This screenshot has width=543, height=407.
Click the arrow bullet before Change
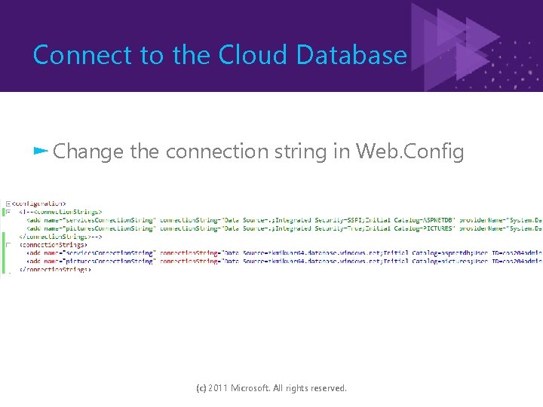[41, 151]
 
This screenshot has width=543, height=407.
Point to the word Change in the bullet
[88, 151]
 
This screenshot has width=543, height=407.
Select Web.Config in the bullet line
[410, 151]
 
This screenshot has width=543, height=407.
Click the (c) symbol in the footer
[201, 388]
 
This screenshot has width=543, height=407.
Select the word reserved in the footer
[327, 388]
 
